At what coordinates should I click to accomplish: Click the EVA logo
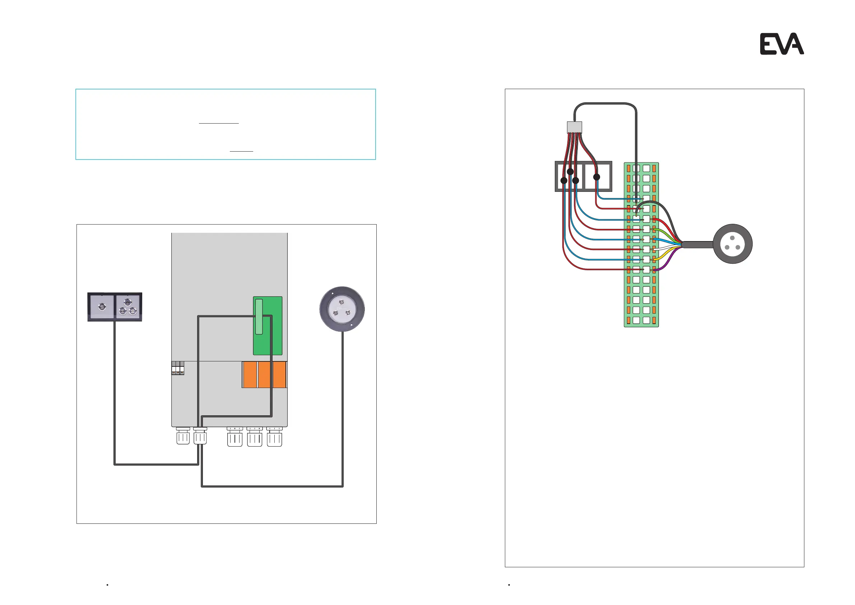pyautogui.click(x=782, y=44)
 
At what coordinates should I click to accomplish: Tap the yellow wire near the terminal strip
pyautogui.click(x=662, y=257)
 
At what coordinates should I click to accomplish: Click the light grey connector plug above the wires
pyautogui.click(x=574, y=128)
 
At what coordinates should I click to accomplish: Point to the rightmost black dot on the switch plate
pyautogui.click(x=596, y=177)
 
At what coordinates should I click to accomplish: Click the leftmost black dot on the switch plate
pyautogui.click(x=564, y=181)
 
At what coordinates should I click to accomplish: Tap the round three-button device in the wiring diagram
pyautogui.click(x=733, y=244)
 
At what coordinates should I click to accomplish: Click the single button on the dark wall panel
pyautogui.click(x=102, y=306)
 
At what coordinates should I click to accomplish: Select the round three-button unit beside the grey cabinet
pyautogui.click(x=342, y=309)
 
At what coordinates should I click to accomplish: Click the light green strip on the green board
pyautogui.click(x=259, y=316)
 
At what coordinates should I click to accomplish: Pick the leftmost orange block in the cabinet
pyautogui.click(x=250, y=374)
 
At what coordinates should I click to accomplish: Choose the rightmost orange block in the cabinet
pyautogui.click(x=280, y=374)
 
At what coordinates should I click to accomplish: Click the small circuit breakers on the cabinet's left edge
pyautogui.click(x=178, y=368)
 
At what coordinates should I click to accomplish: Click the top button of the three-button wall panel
pyautogui.click(x=127, y=301)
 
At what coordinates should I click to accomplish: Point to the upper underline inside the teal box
pyautogui.click(x=219, y=123)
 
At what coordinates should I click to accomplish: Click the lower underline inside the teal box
pyautogui.click(x=241, y=151)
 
